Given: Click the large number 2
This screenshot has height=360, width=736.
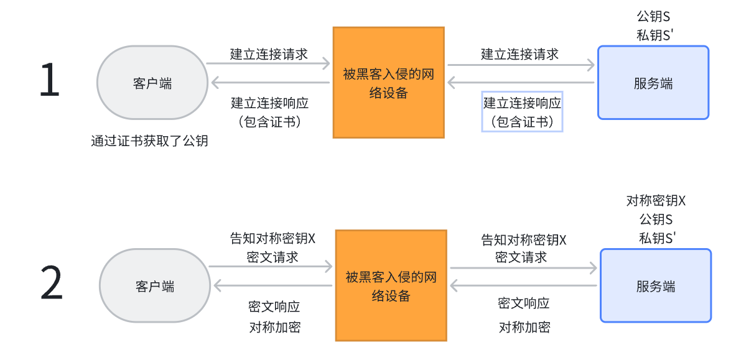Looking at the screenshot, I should (x=52, y=284).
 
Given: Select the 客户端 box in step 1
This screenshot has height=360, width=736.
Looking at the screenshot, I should (x=152, y=83).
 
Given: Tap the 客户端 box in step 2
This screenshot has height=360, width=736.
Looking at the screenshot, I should (x=155, y=286).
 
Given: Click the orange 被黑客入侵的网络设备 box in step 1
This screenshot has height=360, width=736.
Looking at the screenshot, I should (x=388, y=82).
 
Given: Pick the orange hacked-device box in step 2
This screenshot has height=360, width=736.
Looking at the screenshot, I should (x=391, y=285).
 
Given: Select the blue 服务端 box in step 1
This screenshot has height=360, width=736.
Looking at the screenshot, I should (x=653, y=83).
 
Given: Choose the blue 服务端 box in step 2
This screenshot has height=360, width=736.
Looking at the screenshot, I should (x=655, y=286).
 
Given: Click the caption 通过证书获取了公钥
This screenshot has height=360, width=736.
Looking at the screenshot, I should (x=149, y=141).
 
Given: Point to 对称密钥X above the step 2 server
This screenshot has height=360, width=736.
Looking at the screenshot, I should (x=656, y=201).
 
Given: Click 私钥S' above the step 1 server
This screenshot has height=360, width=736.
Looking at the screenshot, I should (x=653, y=35).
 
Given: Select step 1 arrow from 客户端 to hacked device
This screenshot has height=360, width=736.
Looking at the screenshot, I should (x=268, y=63).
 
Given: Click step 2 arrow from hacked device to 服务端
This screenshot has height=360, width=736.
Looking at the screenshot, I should (x=523, y=268).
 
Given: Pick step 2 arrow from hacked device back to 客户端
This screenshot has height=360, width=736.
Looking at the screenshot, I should (x=274, y=286).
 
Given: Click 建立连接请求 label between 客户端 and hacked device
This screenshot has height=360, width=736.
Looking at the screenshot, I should (x=269, y=54).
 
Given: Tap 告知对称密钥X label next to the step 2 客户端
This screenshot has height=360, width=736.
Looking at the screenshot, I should (x=273, y=238).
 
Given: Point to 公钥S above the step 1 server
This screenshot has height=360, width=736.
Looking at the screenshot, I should (x=653, y=16).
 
